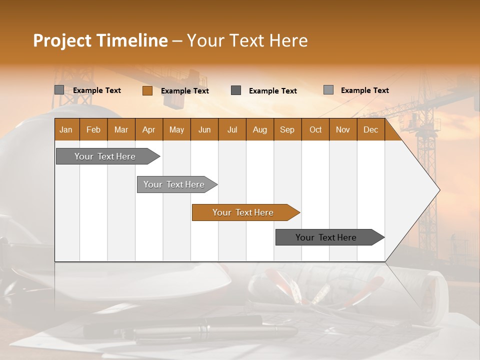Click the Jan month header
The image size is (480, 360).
point(66,129)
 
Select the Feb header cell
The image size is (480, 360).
point(93,129)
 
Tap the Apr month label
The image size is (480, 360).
point(148,129)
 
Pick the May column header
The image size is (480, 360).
point(176,129)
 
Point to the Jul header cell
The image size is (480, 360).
point(232,129)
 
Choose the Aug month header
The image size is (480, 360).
point(259,129)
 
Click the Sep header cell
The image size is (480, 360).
point(287,129)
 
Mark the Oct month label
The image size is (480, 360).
point(315,129)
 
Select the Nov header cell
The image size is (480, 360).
point(342,129)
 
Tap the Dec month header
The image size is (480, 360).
point(370,129)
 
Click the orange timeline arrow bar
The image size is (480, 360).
point(243,212)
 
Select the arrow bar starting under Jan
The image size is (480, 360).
point(105,156)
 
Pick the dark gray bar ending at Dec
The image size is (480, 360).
point(326,237)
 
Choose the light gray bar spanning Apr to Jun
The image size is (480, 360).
point(174,184)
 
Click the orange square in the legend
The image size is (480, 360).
point(147,90)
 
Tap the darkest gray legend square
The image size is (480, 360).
point(236,90)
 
